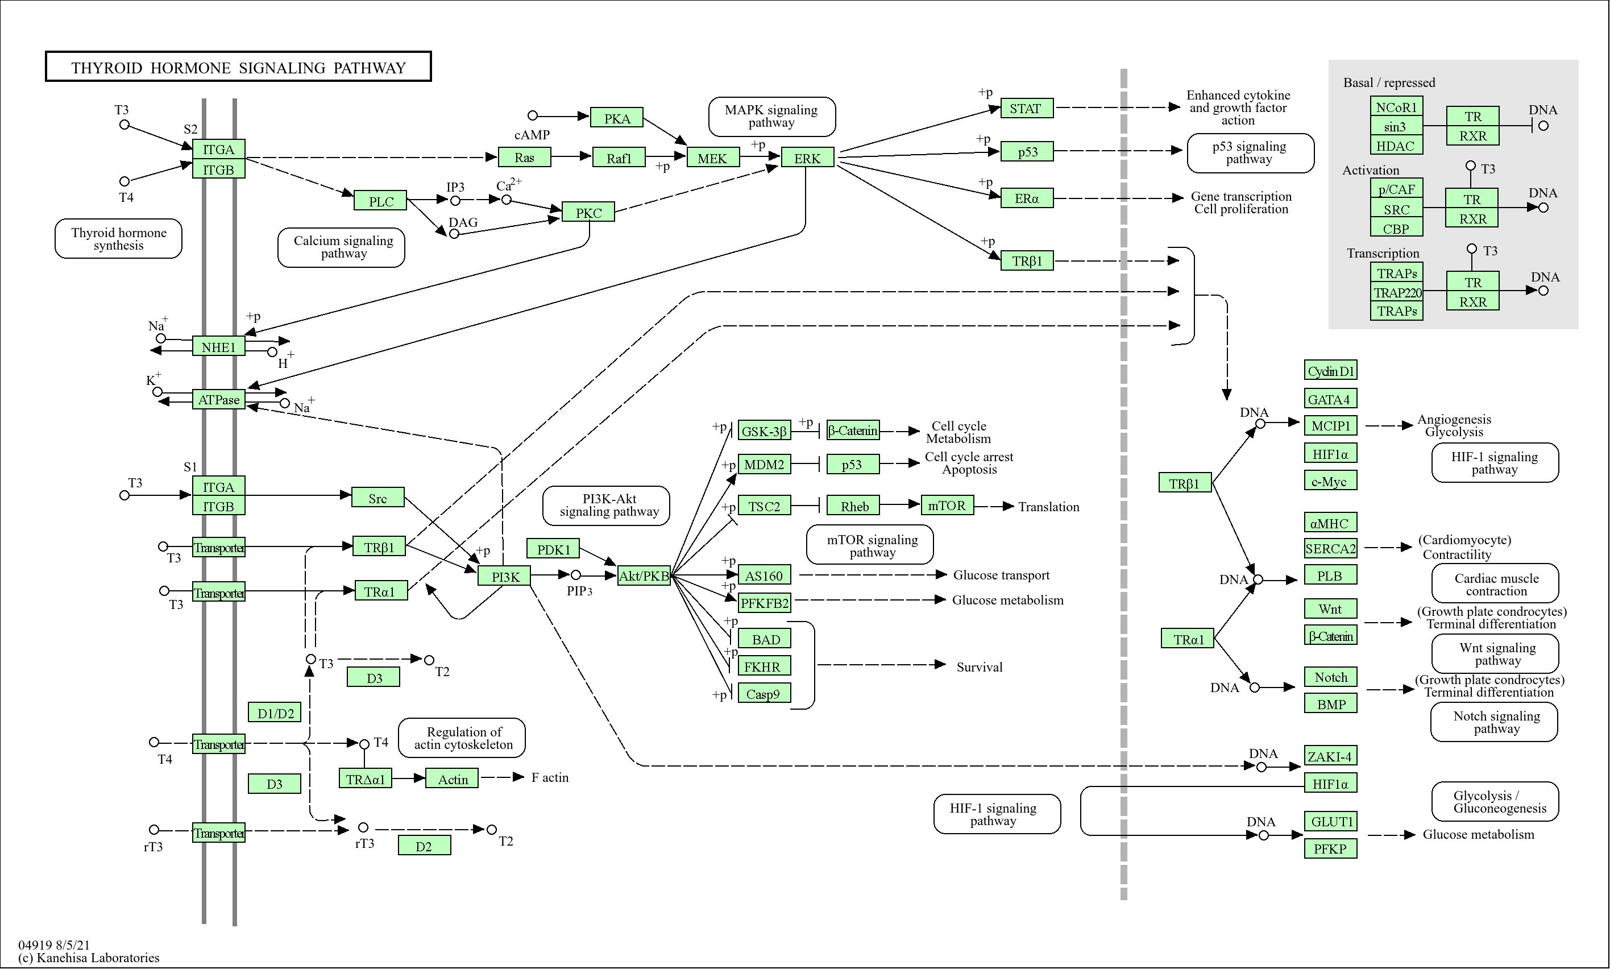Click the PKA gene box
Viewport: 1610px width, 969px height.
(x=617, y=118)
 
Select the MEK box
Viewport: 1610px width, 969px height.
(x=713, y=158)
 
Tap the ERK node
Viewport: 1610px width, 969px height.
(x=807, y=158)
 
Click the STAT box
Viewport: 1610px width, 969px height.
(x=1026, y=109)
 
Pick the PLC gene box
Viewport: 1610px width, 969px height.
(x=380, y=201)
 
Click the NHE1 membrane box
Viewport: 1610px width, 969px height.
(x=219, y=347)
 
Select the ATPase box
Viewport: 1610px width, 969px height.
(x=219, y=400)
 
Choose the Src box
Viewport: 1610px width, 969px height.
(x=377, y=498)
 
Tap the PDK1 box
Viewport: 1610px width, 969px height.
(x=553, y=550)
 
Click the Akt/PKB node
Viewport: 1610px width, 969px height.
(x=644, y=576)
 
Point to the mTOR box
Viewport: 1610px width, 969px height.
(x=947, y=506)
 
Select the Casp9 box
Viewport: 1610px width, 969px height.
(x=763, y=694)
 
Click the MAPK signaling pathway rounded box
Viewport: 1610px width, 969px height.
(x=771, y=116)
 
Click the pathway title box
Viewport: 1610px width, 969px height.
(x=238, y=67)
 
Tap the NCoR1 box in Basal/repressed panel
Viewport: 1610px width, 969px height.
(x=1396, y=107)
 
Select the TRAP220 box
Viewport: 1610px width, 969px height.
(x=1397, y=292)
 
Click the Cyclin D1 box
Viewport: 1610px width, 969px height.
(x=1330, y=371)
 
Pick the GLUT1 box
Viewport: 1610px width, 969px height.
(x=1330, y=821)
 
